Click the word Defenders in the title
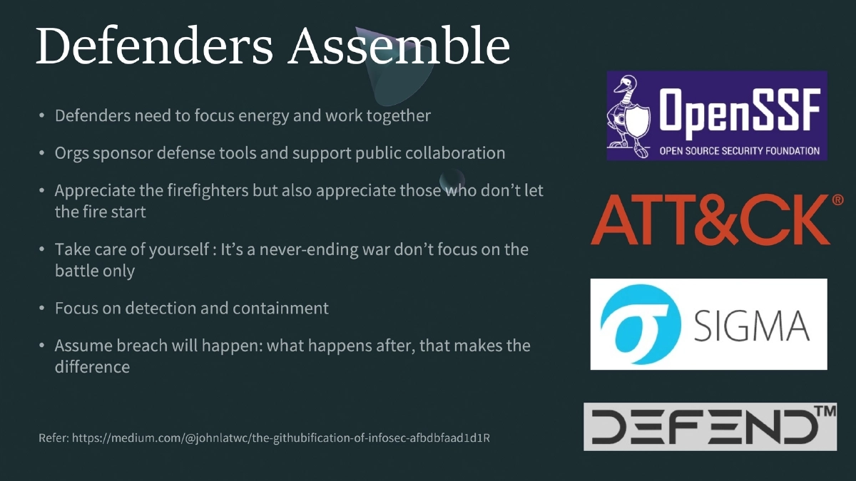coord(154,46)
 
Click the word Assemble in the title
coord(399,46)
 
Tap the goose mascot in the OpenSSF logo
coord(630,115)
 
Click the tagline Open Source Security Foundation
coord(739,151)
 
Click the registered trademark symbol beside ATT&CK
coord(838,201)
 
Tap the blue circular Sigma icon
coord(636,324)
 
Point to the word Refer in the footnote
coord(53,438)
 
